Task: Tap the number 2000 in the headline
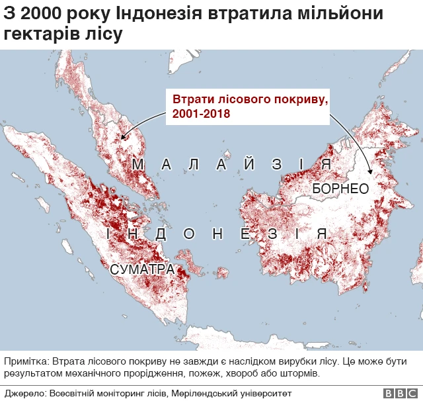(x=41, y=13)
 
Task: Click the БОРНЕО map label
(x=340, y=189)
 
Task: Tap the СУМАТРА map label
(x=142, y=269)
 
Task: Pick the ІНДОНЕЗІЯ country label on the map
(x=216, y=234)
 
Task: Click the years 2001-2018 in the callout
(x=202, y=114)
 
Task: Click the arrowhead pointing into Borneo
(x=372, y=173)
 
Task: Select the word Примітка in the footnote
(x=25, y=361)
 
